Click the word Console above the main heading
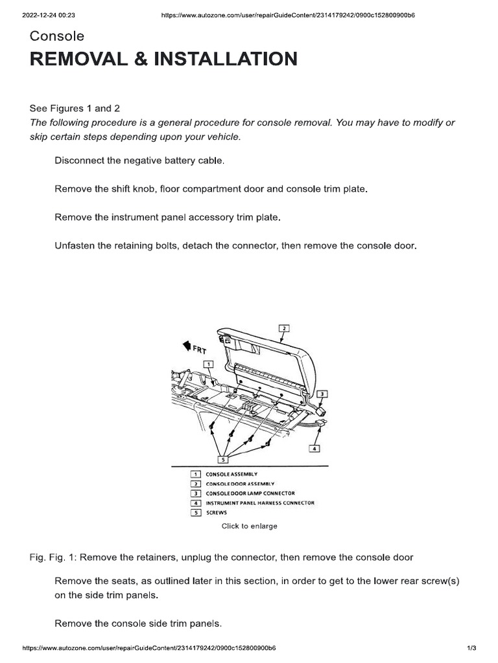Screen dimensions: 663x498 tap(56, 36)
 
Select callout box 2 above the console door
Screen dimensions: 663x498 tap(283, 328)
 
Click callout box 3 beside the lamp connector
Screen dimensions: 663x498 tap(323, 394)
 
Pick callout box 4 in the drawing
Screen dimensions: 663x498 tap(315, 447)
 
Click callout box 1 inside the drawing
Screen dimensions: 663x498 tap(207, 365)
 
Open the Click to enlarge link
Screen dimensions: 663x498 tap(250, 526)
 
